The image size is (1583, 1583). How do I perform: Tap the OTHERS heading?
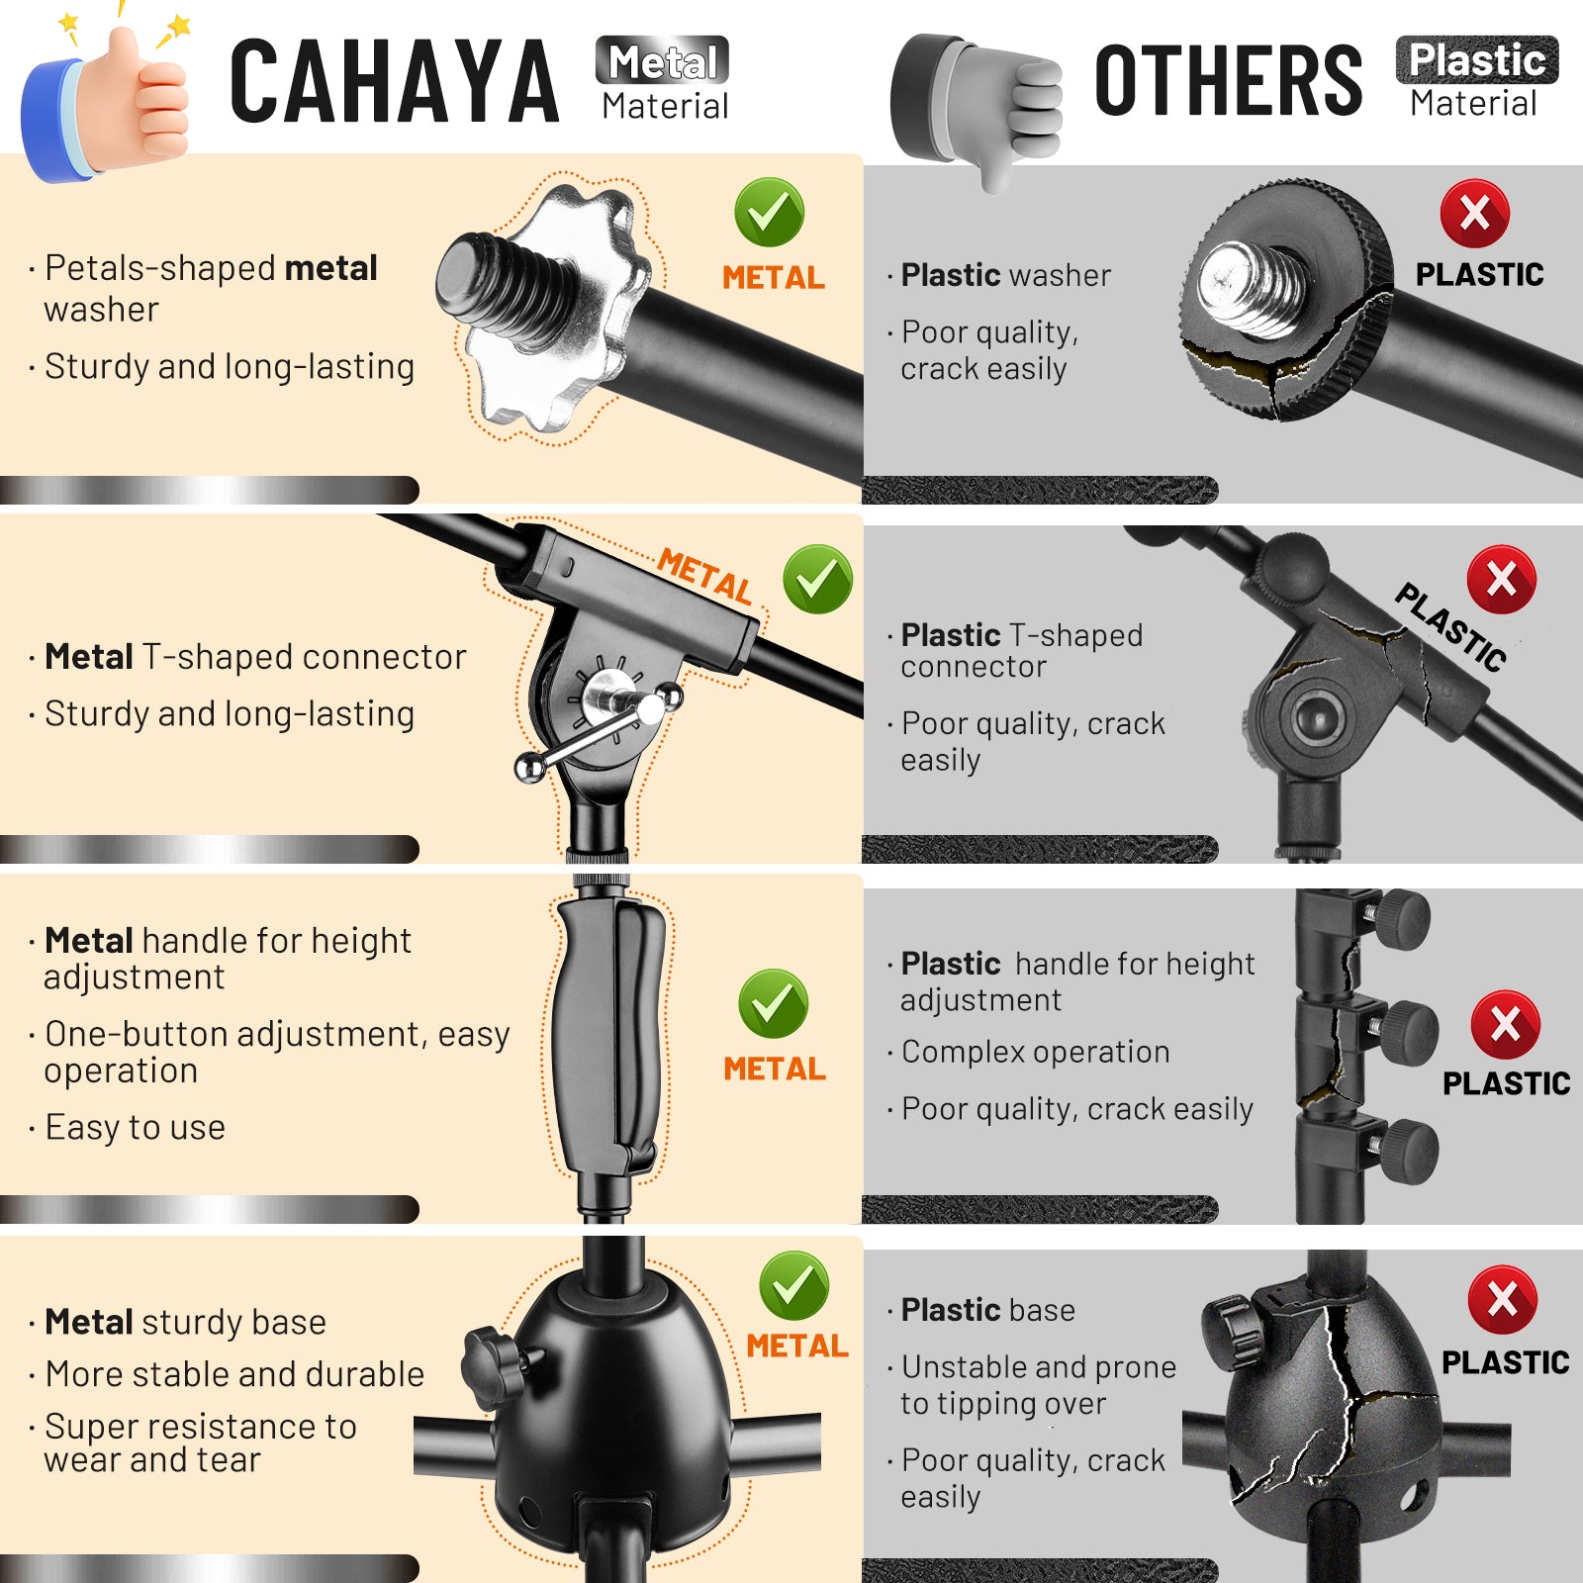(x=1228, y=80)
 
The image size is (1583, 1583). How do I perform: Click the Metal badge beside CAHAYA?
(x=662, y=61)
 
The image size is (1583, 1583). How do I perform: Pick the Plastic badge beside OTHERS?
(x=1476, y=60)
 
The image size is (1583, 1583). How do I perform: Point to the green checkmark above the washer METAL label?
(x=769, y=212)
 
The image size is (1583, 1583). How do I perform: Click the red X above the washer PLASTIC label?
(x=1474, y=213)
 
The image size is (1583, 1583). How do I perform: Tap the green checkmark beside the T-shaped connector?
(x=817, y=579)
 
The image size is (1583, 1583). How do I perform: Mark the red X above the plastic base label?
(x=1502, y=1299)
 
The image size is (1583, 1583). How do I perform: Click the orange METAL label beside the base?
(x=797, y=1346)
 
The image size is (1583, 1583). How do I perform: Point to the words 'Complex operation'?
(x=1035, y=1052)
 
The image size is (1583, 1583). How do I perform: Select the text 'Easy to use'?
(x=135, y=1127)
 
